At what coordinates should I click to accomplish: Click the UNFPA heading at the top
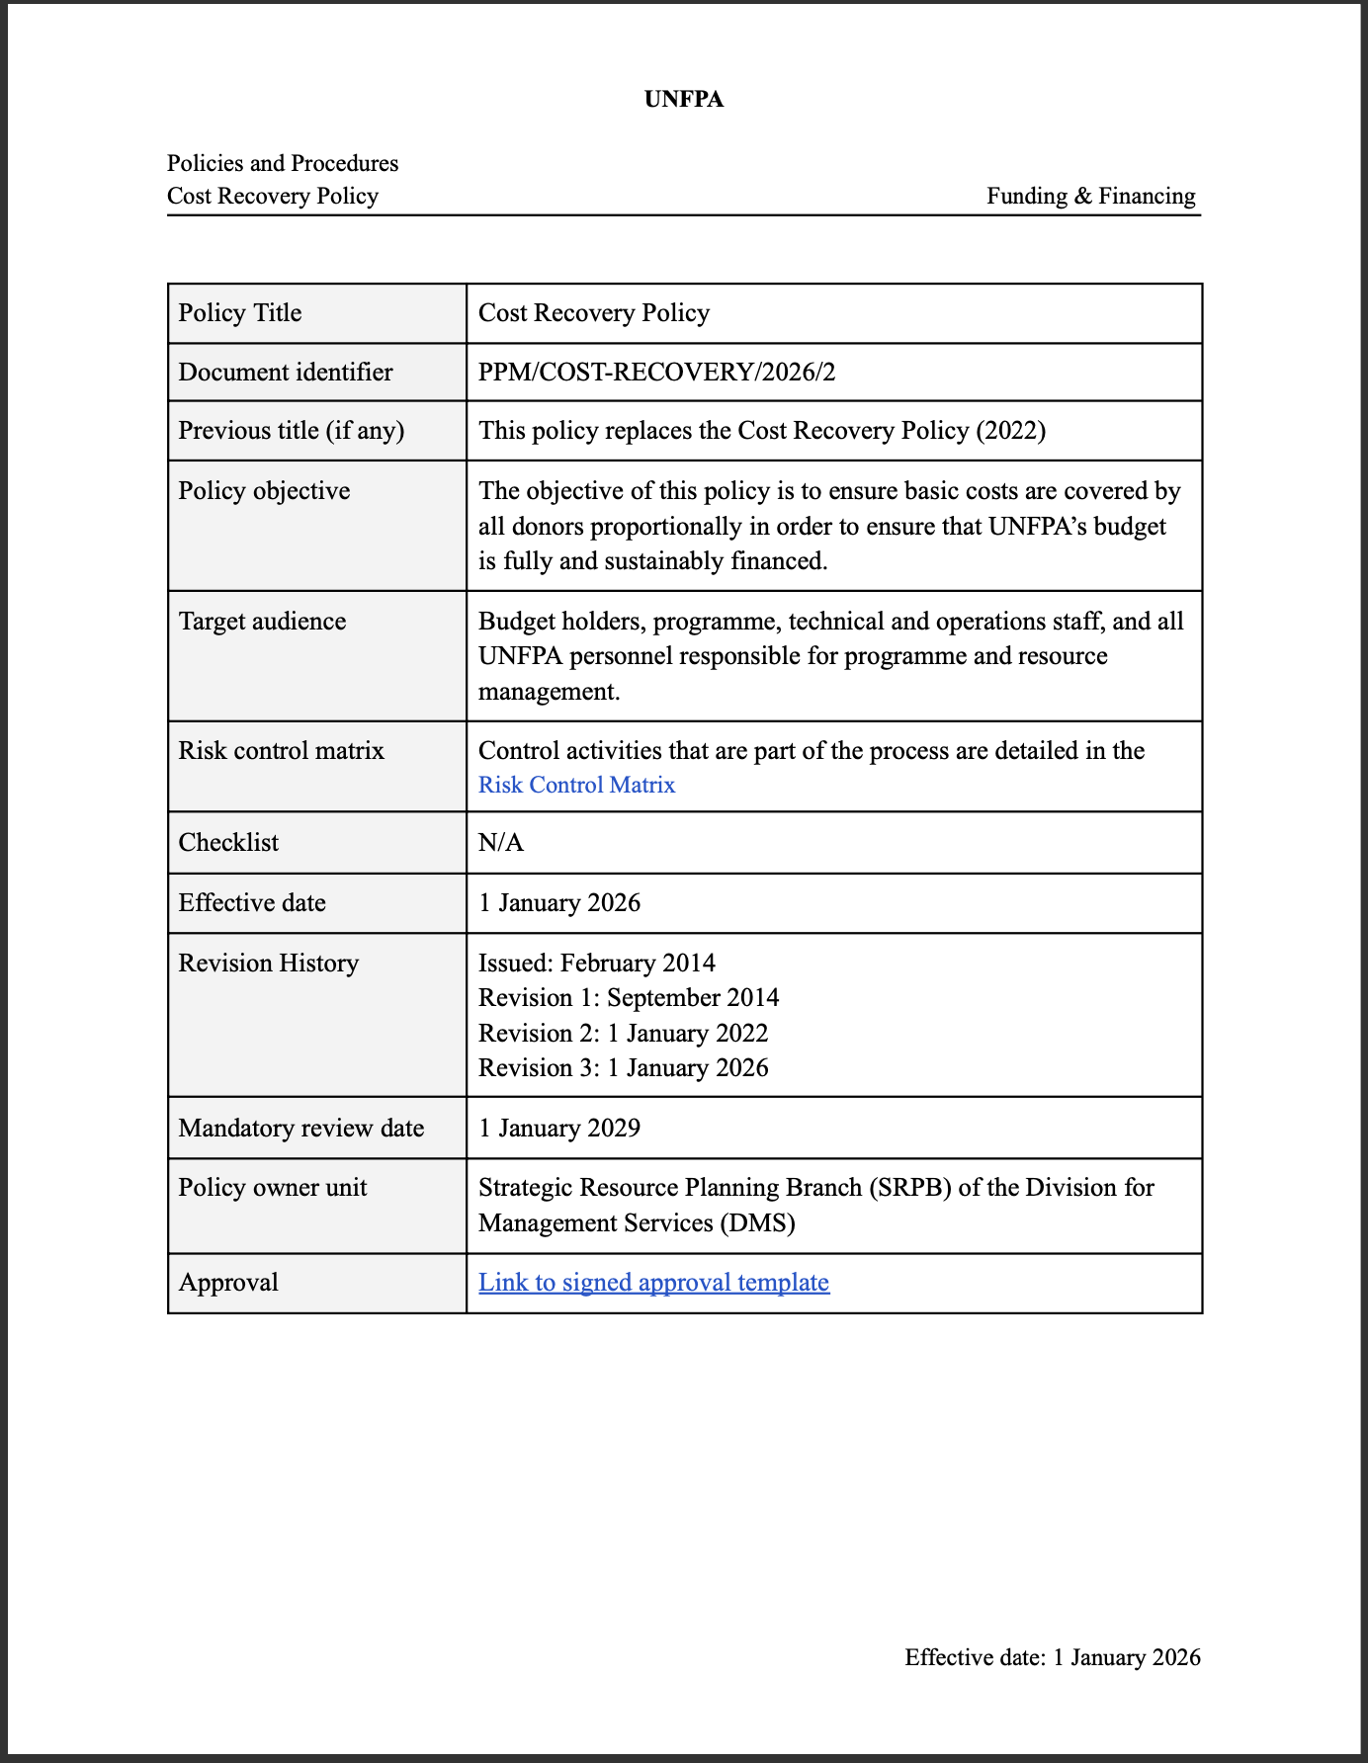[x=683, y=99]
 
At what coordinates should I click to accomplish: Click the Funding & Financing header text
[x=1090, y=196]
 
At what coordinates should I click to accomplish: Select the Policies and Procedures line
[x=283, y=163]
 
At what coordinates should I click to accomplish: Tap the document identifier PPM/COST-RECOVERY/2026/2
[x=656, y=372]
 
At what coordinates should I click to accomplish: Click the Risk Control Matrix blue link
[x=576, y=785]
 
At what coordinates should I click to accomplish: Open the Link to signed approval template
[x=653, y=1282]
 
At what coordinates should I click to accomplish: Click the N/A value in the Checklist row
[x=501, y=842]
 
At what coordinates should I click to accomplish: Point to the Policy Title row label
[x=240, y=313]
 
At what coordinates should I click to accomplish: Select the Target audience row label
[x=262, y=621]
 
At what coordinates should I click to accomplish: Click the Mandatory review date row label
[x=301, y=1128]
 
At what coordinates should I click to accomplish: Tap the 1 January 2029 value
[x=559, y=1128]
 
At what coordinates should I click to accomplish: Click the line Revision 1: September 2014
[x=629, y=997]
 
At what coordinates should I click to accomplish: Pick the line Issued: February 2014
[x=596, y=963]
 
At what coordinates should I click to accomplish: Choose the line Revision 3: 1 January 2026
[x=623, y=1067]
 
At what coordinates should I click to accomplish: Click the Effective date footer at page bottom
[x=1052, y=1657]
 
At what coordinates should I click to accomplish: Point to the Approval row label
[x=228, y=1282]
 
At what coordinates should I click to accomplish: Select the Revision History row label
[x=268, y=963]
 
